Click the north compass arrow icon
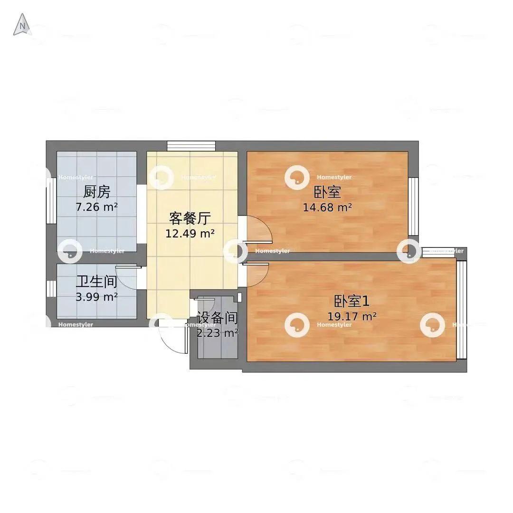click(21, 25)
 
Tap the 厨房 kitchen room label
click(96, 192)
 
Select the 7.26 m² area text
click(96, 207)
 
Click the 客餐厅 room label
click(190, 218)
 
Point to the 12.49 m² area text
click(190, 233)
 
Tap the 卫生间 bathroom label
click(96, 282)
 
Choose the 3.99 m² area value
click(96, 297)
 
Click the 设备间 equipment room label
click(217, 318)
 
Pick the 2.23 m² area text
click(217, 333)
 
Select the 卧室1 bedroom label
click(351, 301)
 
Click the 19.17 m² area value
click(351, 316)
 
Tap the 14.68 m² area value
click(327, 207)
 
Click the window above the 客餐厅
click(191, 146)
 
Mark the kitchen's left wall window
click(51, 201)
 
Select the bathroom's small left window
click(51, 289)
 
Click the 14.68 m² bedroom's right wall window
click(414, 207)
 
